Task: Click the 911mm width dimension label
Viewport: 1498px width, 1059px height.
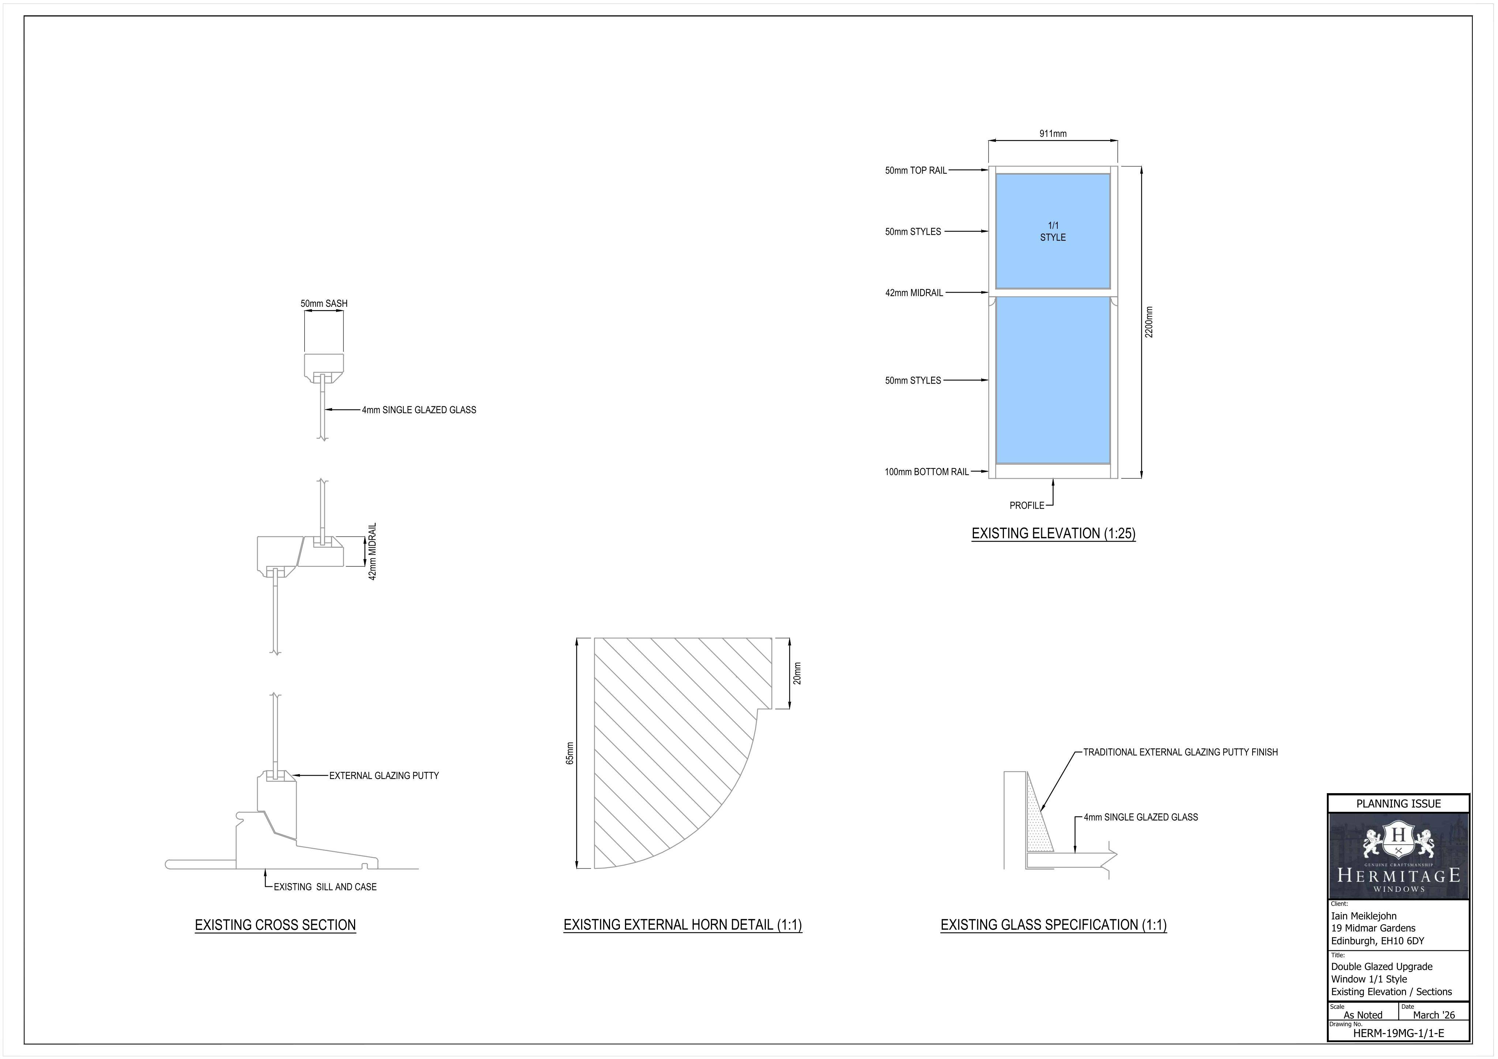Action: (1053, 134)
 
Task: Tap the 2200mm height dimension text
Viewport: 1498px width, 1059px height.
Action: (1149, 322)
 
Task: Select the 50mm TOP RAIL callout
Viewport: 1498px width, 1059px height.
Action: (915, 170)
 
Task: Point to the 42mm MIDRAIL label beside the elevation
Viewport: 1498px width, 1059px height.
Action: (914, 293)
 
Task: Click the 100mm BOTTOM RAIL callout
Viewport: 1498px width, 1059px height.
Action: (926, 472)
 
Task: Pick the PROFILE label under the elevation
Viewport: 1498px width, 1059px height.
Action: (1026, 506)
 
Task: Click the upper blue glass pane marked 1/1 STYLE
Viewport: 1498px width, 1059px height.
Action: (1053, 231)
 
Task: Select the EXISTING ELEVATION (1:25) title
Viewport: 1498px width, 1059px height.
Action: (1053, 534)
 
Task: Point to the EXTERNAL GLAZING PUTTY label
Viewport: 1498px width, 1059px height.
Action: (384, 776)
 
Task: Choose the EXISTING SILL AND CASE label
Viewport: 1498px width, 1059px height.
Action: (325, 887)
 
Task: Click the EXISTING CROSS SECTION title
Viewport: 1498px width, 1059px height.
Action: (275, 925)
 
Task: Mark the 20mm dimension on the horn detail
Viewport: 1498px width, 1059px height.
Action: (797, 673)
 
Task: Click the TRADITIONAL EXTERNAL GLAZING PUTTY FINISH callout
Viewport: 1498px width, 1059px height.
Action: (1180, 752)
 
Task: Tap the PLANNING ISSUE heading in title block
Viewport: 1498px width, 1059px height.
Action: (1398, 804)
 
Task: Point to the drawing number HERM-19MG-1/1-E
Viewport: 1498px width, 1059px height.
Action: (1398, 1033)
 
